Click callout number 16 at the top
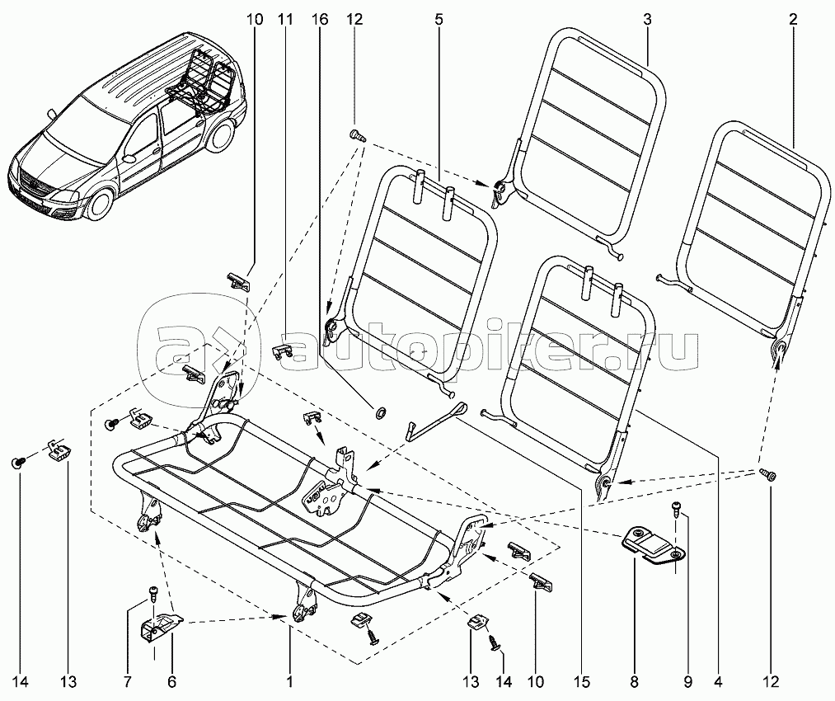point(319,17)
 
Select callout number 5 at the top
point(439,17)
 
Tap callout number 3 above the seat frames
point(647,17)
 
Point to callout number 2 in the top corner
point(793,17)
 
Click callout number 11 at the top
point(285,17)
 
